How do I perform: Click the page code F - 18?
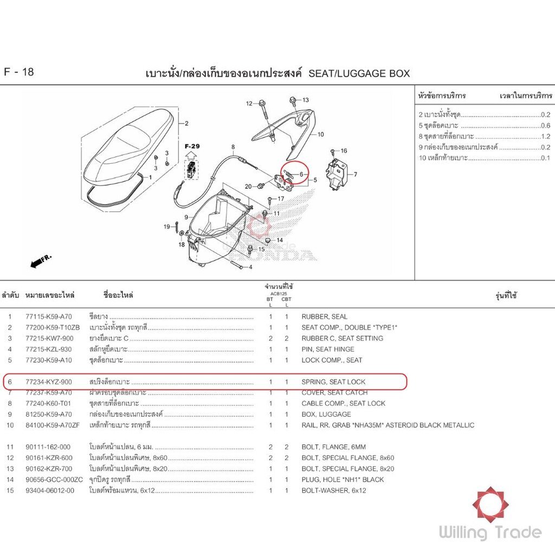pyautogui.click(x=19, y=72)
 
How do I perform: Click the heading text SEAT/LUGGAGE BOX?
pyautogui.click(x=359, y=73)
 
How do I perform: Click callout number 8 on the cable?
pyautogui.click(x=233, y=147)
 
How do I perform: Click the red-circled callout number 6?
pyautogui.click(x=301, y=174)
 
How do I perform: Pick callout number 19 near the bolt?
pyautogui.click(x=167, y=227)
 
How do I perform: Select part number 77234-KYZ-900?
pyautogui.click(x=48, y=382)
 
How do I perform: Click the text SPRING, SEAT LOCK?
pyautogui.click(x=333, y=382)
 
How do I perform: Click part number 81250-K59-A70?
pyautogui.click(x=48, y=414)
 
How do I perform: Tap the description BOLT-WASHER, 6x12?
pyautogui.click(x=334, y=491)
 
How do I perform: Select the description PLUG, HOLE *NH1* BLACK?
pyautogui.click(x=343, y=480)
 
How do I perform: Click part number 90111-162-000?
pyautogui.click(x=48, y=447)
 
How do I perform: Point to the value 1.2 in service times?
pyautogui.click(x=545, y=137)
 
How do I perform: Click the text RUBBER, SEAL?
pyautogui.click(x=325, y=317)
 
